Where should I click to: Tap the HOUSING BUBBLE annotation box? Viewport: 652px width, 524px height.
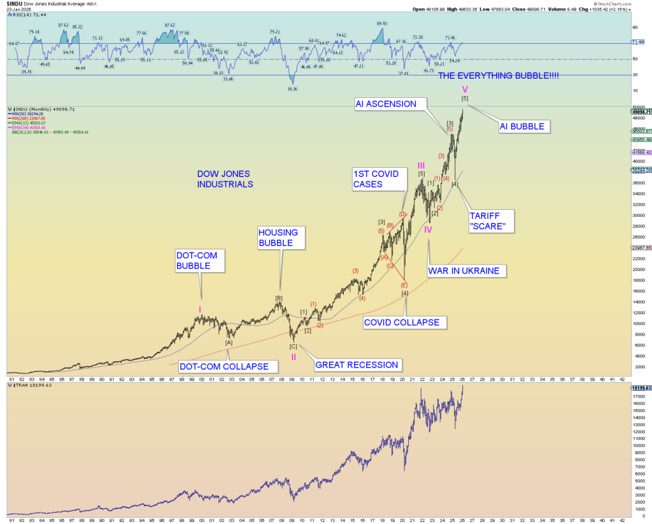[x=281, y=237]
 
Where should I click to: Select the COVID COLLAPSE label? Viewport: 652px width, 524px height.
[x=401, y=322]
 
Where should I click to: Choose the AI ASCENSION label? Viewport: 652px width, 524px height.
[x=386, y=104]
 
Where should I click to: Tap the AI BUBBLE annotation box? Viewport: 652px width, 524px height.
[x=521, y=127]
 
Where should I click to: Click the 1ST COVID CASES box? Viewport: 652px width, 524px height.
[x=378, y=179]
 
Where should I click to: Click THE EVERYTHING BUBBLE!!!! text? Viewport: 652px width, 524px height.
[x=499, y=76]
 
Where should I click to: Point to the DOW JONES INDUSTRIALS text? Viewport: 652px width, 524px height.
[x=225, y=179]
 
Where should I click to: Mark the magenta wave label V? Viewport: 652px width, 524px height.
[x=465, y=89]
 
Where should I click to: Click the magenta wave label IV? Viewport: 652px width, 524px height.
[x=429, y=230]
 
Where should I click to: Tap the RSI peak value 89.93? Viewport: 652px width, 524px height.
[x=382, y=24]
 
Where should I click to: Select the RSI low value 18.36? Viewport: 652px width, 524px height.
[x=292, y=89]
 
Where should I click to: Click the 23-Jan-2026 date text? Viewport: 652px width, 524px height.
[x=18, y=10]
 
